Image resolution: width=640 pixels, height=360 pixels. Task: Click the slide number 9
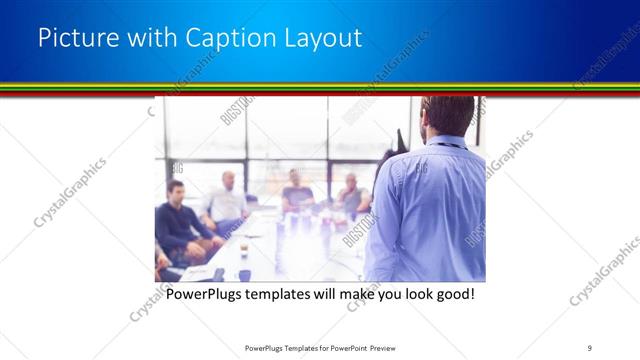coord(590,347)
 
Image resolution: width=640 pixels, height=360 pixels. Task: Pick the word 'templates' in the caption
coord(283,295)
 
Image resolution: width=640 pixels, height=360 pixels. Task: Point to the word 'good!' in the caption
coord(453,295)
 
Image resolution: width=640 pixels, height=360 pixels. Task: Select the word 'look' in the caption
coord(413,295)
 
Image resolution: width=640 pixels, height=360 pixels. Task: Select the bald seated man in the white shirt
coord(225,200)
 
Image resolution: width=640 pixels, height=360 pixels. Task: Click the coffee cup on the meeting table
coord(244,247)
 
